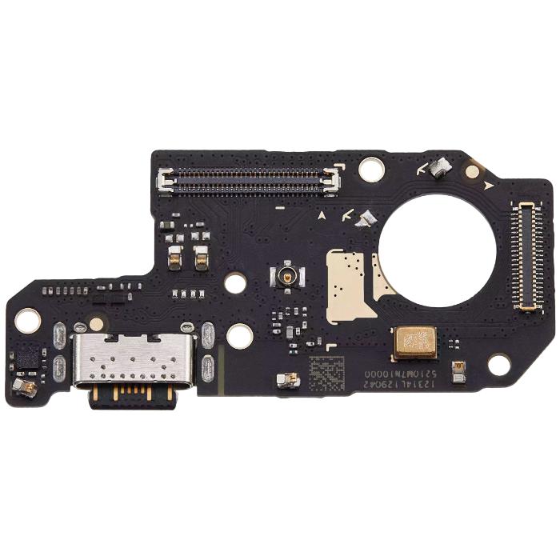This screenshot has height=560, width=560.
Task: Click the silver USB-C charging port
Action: [133, 359]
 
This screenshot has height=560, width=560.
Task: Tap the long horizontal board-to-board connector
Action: [249, 182]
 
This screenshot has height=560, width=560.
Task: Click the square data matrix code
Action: [329, 371]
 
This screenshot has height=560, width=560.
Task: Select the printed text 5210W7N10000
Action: [401, 374]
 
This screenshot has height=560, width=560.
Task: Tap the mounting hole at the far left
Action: [27, 320]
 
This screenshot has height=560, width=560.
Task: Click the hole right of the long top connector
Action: [371, 169]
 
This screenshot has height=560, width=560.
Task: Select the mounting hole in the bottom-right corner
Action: [499, 365]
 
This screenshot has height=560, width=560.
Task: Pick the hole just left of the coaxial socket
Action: [234, 282]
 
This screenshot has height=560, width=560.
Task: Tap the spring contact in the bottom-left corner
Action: [24, 387]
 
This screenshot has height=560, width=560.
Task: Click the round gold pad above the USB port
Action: [97, 324]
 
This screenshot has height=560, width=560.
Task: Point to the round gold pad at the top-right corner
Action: [474, 170]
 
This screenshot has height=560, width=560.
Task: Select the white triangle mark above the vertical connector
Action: [488, 186]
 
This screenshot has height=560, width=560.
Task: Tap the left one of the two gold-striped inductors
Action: [174, 256]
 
